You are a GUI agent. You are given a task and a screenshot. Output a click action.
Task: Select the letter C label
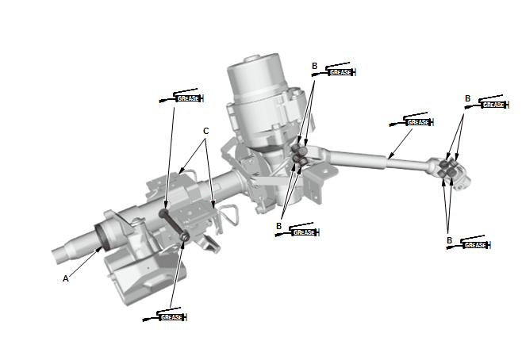click(x=206, y=131)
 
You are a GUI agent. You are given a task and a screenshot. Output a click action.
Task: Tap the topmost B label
click(x=314, y=65)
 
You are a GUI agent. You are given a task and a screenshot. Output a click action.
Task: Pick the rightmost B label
click(x=467, y=98)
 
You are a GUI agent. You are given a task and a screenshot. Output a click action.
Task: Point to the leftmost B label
click(x=278, y=226)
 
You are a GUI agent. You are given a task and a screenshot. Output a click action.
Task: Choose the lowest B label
click(x=449, y=239)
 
